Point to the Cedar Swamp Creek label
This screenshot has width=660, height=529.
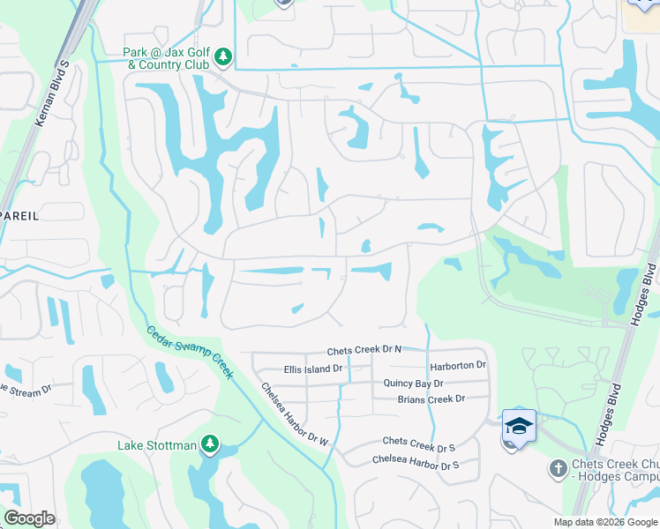point(190,352)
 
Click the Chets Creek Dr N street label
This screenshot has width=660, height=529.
point(364,350)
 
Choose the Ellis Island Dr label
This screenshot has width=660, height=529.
point(312,369)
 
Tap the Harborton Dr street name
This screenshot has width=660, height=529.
point(458,365)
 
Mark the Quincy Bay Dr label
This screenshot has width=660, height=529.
point(413,384)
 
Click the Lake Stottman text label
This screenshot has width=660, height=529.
point(157,445)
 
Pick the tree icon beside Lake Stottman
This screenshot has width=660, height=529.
point(210,445)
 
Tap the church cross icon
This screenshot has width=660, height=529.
point(558,467)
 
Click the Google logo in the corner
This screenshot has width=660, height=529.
point(29,518)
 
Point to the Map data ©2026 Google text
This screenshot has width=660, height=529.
point(605,522)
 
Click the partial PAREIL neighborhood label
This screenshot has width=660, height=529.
point(19,214)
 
